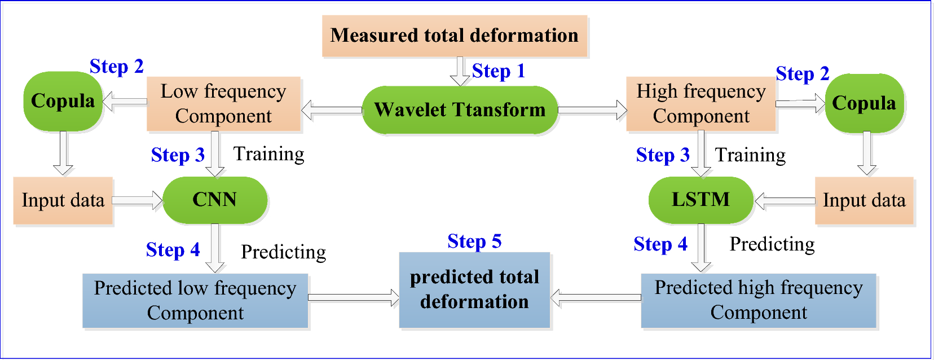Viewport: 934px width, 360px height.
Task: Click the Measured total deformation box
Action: click(455, 36)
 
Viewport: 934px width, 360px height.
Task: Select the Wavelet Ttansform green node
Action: click(460, 110)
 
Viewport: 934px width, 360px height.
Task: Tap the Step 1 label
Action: click(498, 71)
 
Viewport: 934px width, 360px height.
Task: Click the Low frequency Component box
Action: click(223, 104)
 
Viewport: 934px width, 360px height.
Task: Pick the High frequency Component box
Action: click(701, 104)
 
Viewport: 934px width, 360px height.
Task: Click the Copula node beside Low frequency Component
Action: click(63, 101)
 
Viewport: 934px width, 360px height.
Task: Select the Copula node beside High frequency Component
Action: click(864, 103)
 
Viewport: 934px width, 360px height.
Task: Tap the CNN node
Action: click(215, 200)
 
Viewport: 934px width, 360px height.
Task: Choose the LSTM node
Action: click(700, 200)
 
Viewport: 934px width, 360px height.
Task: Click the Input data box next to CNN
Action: click(63, 200)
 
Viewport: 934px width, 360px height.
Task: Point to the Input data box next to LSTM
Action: click(863, 200)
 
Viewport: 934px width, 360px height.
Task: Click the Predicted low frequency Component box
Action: click(195, 301)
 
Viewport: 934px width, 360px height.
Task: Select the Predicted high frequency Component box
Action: click(759, 300)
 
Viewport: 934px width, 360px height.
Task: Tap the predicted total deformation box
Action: click(474, 289)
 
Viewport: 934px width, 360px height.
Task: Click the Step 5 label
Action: click(474, 242)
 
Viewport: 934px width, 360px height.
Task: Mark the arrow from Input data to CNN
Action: click(138, 200)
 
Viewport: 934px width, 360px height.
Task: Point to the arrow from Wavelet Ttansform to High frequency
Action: click(592, 110)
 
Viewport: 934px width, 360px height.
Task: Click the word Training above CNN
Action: click(269, 154)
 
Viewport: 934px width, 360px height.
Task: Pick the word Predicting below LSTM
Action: click(772, 244)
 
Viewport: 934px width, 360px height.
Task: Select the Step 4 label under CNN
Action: click(173, 250)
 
